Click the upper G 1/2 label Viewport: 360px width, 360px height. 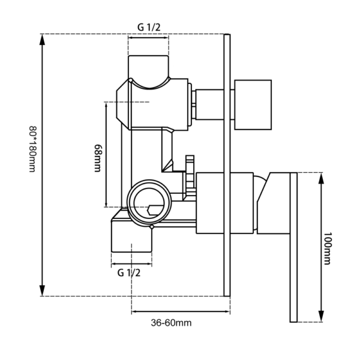(149, 28)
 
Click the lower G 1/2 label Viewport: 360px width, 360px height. (129, 273)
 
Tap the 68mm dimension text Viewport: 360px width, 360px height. (98, 158)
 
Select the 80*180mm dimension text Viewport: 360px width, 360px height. (32, 149)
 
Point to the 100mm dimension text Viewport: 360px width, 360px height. (328, 248)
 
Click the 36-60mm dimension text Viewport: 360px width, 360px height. (171, 323)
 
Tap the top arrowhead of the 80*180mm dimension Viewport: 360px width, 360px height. (42, 40)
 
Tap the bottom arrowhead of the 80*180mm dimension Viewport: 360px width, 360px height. (42, 290)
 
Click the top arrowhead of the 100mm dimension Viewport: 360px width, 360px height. (322, 178)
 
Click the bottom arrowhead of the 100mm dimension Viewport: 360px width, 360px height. (322, 316)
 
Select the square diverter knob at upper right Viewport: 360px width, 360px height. (253, 105)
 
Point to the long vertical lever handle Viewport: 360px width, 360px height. (293, 247)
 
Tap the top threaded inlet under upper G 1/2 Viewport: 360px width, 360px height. (148, 67)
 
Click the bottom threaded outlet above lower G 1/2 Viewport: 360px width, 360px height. (131, 237)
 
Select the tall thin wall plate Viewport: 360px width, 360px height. (227, 165)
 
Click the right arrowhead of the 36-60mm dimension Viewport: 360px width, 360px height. (227, 311)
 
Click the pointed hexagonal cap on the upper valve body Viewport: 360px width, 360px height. (124, 104)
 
